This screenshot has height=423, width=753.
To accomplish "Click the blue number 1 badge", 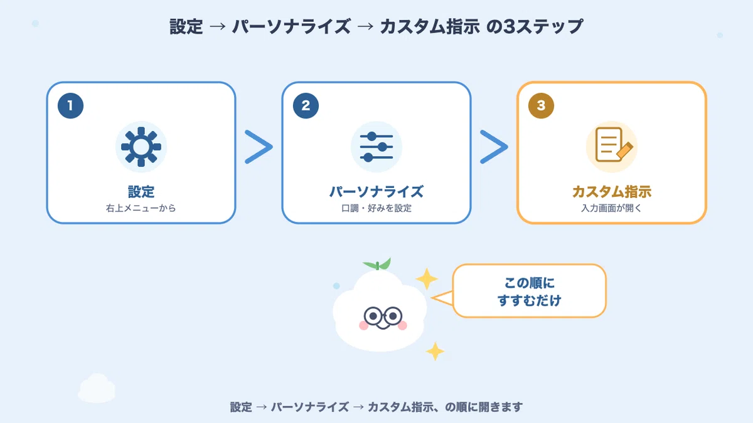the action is [70, 106].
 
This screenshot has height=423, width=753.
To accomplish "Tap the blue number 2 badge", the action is [306, 106].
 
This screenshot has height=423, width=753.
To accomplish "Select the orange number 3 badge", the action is [541, 106].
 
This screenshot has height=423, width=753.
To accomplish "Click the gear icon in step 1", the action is [141, 147].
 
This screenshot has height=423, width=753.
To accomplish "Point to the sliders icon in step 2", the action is [376, 147].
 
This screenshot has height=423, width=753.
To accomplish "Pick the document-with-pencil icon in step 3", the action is [614, 145].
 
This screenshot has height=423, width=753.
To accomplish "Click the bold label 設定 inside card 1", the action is [141, 192].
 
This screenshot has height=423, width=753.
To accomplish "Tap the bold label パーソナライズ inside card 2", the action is [376, 192].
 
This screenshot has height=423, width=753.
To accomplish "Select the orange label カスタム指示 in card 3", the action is [612, 192].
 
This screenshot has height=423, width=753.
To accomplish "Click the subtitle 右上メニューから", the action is [141, 208].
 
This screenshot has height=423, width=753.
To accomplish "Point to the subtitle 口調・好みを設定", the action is [376, 208].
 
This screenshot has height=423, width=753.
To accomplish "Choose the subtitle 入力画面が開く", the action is [611, 208].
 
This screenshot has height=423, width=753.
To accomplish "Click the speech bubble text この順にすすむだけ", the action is [530, 291].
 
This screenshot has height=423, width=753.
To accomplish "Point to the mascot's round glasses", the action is [383, 316].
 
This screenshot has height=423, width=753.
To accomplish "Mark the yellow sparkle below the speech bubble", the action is [435, 351].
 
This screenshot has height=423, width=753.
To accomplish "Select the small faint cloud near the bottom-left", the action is [97, 388].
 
